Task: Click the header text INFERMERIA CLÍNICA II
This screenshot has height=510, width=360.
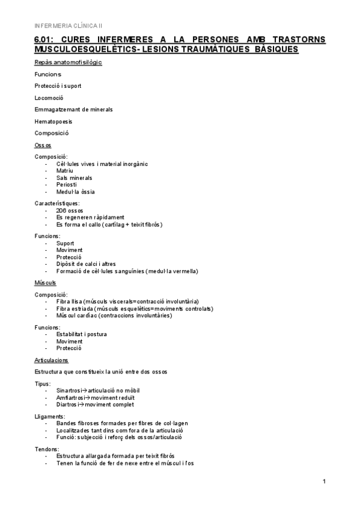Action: (x=69, y=25)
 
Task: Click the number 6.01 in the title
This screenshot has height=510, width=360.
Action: (x=45, y=39)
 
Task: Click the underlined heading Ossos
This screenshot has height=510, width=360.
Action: (x=43, y=145)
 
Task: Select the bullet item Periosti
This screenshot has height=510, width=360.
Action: (x=67, y=185)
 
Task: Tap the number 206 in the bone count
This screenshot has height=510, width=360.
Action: (x=61, y=210)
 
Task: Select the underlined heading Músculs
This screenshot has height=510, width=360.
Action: (x=46, y=282)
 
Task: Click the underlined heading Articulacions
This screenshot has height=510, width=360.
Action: (x=52, y=360)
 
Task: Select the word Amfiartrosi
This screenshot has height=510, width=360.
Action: (x=72, y=398)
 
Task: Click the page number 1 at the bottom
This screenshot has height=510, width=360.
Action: (x=324, y=481)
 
